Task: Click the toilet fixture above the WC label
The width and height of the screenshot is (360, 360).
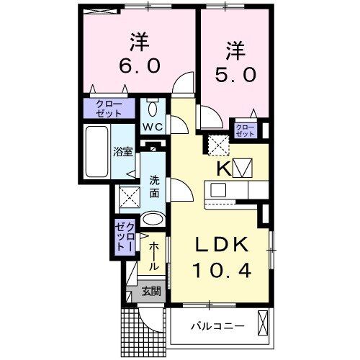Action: [153, 109]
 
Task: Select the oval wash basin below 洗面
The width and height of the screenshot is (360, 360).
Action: [152, 220]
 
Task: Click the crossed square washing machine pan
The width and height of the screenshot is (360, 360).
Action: [129, 195]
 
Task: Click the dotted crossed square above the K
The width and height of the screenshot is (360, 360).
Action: [217, 146]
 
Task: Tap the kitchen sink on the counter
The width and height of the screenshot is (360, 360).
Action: [218, 190]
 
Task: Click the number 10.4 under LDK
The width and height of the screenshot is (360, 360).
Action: [222, 271]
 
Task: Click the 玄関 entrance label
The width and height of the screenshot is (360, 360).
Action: [151, 292]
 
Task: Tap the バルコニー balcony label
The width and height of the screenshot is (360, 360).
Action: [217, 326]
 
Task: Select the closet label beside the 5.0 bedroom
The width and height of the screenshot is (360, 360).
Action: [245, 130]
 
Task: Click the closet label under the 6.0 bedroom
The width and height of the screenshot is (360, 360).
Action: [109, 109]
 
